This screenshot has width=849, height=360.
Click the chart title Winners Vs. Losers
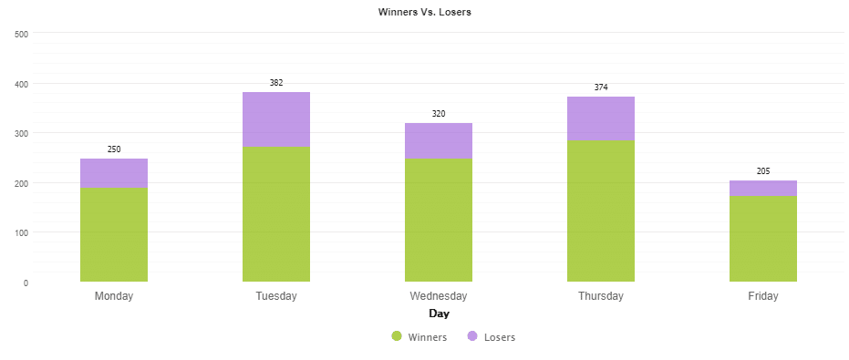(x=424, y=12)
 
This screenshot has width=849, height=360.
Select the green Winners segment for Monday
(x=114, y=234)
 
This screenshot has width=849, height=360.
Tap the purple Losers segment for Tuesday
(x=276, y=119)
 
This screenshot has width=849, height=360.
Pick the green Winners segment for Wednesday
(x=439, y=220)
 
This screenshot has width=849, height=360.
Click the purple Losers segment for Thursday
(x=601, y=118)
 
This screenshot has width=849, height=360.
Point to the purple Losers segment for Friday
(x=763, y=189)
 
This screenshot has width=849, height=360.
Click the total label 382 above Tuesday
(x=276, y=83)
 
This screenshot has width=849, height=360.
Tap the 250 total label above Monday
(x=114, y=149)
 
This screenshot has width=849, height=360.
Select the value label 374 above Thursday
(x=601, y=87)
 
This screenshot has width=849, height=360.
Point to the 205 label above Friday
(x=763, y=171)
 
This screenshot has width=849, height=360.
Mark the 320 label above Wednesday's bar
(x=439, y=114)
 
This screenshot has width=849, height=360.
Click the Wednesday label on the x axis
(x=439, y=296)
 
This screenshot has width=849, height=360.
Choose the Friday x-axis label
(x=763, y=296)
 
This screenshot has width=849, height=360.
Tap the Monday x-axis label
(x=114, y=296)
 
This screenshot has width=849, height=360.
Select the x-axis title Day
(x=439, y=314)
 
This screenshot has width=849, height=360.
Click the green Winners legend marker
(x=397, y=337)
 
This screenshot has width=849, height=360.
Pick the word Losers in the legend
(x=500, y=337)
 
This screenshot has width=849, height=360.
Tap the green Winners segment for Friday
(x=763, y=239)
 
